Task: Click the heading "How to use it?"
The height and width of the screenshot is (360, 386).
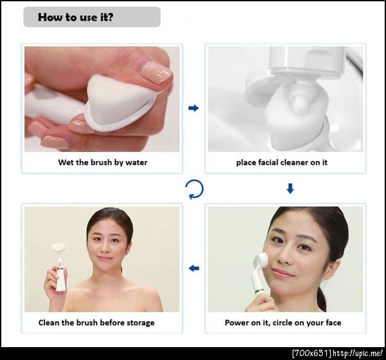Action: pos(75,17)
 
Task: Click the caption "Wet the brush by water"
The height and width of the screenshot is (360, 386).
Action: pos(103,162)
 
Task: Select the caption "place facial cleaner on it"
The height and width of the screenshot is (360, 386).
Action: pos(282,162)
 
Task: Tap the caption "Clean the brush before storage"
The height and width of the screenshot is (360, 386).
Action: pos(96,323)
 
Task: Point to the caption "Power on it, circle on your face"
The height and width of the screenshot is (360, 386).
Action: pos(283,323)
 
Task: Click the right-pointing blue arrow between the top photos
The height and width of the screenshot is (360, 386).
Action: pos(194,108)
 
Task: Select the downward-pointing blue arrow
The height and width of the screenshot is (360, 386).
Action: pos(291,189)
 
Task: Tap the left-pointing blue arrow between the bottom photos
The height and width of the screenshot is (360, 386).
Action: pos(194,268)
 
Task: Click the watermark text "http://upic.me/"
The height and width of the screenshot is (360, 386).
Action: pos(358,353)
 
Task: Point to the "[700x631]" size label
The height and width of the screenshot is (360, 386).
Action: pos(311,353)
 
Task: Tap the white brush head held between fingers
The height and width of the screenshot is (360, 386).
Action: pos(118,101)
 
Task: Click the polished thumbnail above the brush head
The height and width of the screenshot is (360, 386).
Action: pos(156,72)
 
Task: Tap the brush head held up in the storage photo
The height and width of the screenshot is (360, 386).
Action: pos(59,248)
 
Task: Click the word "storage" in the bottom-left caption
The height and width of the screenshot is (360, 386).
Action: pos(140,323)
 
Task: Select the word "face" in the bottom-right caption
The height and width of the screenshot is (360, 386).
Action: pos(333,323)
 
